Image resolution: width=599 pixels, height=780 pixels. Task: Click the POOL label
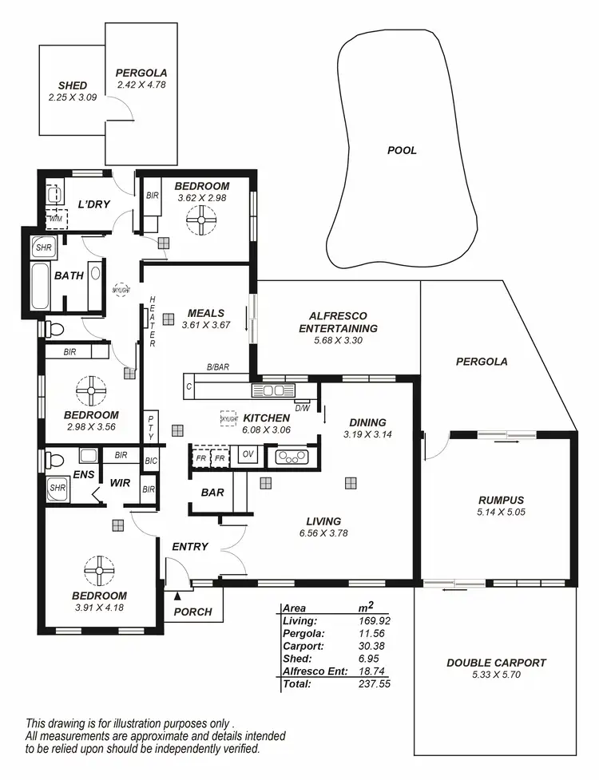pyautogui.click(x=402, y=150)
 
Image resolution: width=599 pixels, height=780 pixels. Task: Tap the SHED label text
pyautogui.click(x=72, y=85)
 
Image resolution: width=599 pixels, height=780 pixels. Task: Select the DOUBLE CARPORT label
pyautogui.click(x=496, y=663)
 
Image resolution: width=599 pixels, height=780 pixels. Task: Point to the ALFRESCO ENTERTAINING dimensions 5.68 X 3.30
pyautogui.click(x=337, y=339)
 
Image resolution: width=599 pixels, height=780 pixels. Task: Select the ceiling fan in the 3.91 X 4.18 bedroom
pyautogui.click(x=99, y=569)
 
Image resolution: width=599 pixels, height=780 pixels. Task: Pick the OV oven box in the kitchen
pyautogui.click(x=247, y=456)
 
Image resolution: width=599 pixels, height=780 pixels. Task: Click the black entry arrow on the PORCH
pyautogui.click(x=177, y=595)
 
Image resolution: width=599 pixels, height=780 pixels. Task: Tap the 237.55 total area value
pyautogui.click(x=374, y=684)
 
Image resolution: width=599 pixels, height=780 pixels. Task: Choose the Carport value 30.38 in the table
pyautogui.click(x=374, y=645)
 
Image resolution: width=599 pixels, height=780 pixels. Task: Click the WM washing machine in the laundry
pyautogui.click(x=56, y=218)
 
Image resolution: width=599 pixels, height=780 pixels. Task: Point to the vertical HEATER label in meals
pyautogui.click(x=153, y=321)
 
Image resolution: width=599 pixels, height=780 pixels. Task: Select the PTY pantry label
pyautogui.click(x=151, y=426)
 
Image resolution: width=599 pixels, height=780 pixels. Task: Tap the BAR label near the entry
pyautogui.click(x=212, y=493)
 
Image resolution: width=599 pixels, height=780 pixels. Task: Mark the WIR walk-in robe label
pyautogui.click(x=121, y=482)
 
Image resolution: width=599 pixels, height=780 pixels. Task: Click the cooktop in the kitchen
pyautogui.click(x=291, y=457)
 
